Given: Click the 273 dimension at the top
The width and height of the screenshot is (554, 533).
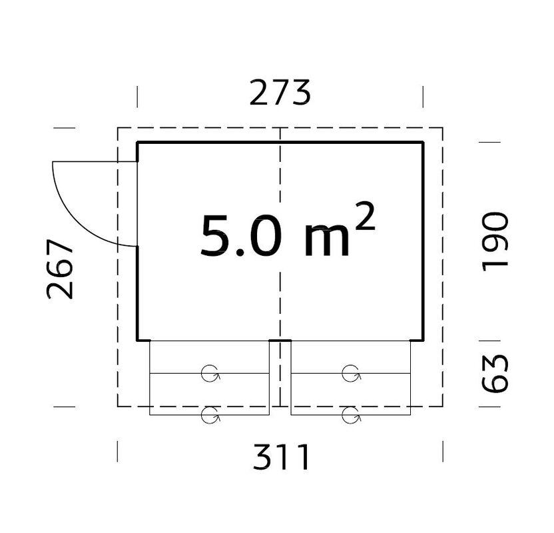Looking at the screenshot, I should coord(280,93).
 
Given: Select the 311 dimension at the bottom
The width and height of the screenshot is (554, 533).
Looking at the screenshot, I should coord(281,458).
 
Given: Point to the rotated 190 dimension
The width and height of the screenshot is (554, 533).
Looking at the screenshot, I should coord(495,241).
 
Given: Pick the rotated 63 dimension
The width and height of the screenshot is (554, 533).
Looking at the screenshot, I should coord(495,373).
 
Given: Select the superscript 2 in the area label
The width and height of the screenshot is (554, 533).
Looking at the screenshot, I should coord(364,217).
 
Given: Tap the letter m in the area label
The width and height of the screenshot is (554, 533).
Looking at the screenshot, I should coord(326,241).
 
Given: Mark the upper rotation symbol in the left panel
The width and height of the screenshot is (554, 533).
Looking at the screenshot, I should coord(210,374).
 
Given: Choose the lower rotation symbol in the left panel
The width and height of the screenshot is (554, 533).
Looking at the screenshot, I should coord(210,416).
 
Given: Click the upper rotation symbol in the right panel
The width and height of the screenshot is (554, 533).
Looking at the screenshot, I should coord(351,374).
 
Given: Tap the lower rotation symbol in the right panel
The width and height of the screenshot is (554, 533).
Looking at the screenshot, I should coord(351,416).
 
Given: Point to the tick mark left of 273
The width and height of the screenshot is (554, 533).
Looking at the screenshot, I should coord(137,97).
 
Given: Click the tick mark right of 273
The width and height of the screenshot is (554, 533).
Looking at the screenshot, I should coord(423,97).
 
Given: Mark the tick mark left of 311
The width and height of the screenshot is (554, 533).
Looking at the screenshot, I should coord(118,451).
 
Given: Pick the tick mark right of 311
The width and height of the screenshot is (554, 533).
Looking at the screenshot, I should coord(443,451).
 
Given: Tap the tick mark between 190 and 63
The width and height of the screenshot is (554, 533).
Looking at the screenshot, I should coord(489,340).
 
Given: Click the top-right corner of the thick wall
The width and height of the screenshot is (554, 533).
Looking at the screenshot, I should coord(423,143).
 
